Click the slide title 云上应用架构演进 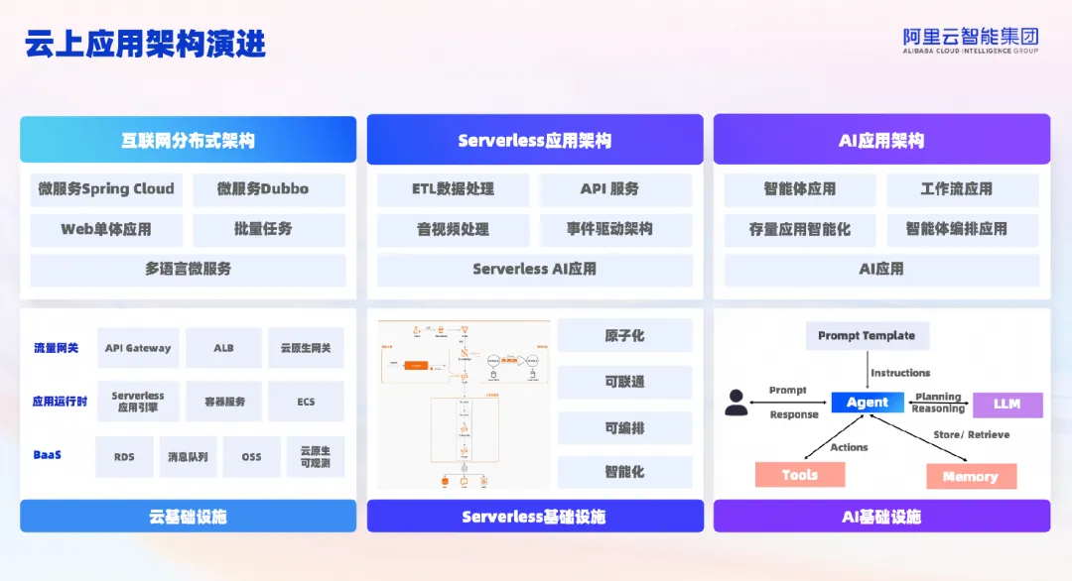coord(145,44)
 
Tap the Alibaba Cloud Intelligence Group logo coord(970,40)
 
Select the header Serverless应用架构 coord(534,141)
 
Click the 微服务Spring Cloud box coord(106,189)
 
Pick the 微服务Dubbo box coord(268,189)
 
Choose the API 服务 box coord(609,189)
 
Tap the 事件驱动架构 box coord(609,229)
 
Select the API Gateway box coord(138,348)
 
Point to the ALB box coord(223,348)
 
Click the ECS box coord(306,402)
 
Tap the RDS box coord(124,457)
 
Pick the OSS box coord(252,457)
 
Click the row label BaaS coord(48,455)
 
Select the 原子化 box coord(624,336)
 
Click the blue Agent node coord(868,403)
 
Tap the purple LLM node coord(1006,405)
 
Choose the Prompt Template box coord(867,336)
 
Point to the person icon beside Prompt coord(736,403)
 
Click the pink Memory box coord(970,477)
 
